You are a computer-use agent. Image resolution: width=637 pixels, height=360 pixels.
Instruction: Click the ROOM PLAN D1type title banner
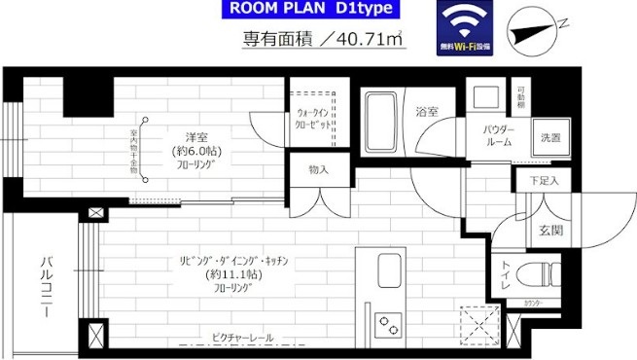(309, 10)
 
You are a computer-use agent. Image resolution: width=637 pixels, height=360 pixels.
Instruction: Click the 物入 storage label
(318, 169)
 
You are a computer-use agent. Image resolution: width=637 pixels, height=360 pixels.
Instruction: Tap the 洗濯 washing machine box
(550, 137)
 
